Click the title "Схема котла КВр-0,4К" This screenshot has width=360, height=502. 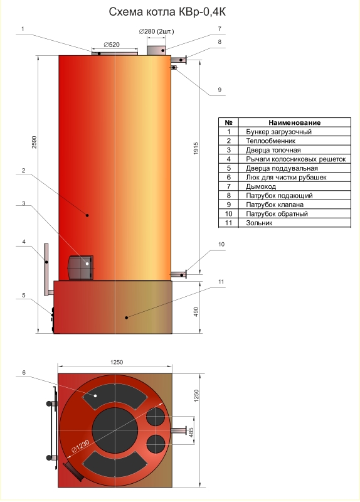tap(167, 12)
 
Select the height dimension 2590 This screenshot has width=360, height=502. tap(34, 142)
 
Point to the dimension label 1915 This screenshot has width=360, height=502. tap(196, 148)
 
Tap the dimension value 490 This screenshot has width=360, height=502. tap(196, 312)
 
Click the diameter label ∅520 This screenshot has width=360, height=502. tap(112, 45)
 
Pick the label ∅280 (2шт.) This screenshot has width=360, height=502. tap(156, 31)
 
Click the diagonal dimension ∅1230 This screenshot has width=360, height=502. tap(80, 445)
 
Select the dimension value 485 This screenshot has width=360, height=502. tap(191, 432)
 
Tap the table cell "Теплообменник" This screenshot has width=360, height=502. tap(270, 141)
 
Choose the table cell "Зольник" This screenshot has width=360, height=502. tap(259, 223)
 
